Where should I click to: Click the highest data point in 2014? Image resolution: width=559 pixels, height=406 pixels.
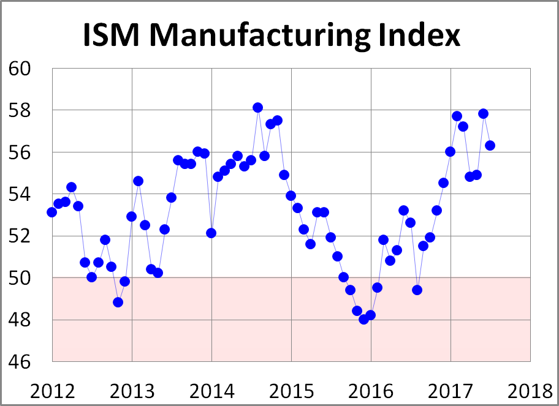coord(257,108)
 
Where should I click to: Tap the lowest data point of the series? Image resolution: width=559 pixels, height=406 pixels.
coord(363,319)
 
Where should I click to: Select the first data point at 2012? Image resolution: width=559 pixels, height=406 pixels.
coord(51,212)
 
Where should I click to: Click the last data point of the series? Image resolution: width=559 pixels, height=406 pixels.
coord(490,145)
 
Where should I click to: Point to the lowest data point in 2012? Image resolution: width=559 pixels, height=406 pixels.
coord(118,302)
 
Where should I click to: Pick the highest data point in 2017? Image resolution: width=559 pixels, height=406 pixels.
coord(483,113)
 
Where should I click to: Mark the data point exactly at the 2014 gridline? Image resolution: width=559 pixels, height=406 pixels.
coord(211,233)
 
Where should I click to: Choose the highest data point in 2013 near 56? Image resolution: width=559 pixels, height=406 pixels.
coord(197,151)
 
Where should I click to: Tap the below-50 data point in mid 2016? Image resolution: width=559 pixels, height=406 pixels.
coord(417,290)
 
